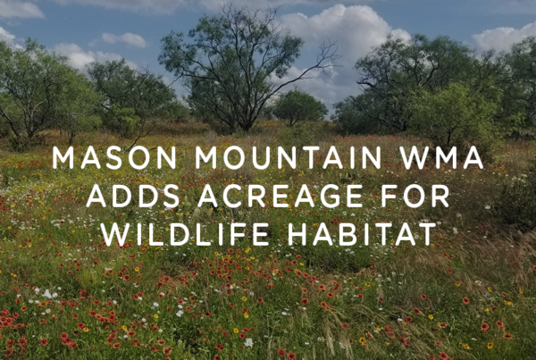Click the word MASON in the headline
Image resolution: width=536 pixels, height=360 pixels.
114,157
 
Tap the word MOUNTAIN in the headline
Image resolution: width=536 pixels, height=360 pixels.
288,157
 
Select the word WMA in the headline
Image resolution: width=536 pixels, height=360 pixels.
441,157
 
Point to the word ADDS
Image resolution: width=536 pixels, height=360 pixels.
133,196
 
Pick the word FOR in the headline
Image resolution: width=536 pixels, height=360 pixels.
415,196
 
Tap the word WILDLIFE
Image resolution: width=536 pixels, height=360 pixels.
185,234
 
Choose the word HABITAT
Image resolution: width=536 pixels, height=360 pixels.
362,234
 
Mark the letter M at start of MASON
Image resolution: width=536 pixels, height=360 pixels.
63,157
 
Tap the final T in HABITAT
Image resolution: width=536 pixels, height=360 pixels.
427,234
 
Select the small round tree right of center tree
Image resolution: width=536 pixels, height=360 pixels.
298,106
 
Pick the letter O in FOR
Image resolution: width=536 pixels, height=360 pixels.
414,196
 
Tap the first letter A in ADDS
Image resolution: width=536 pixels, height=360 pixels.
96,196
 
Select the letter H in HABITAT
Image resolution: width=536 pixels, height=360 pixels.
297,234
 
